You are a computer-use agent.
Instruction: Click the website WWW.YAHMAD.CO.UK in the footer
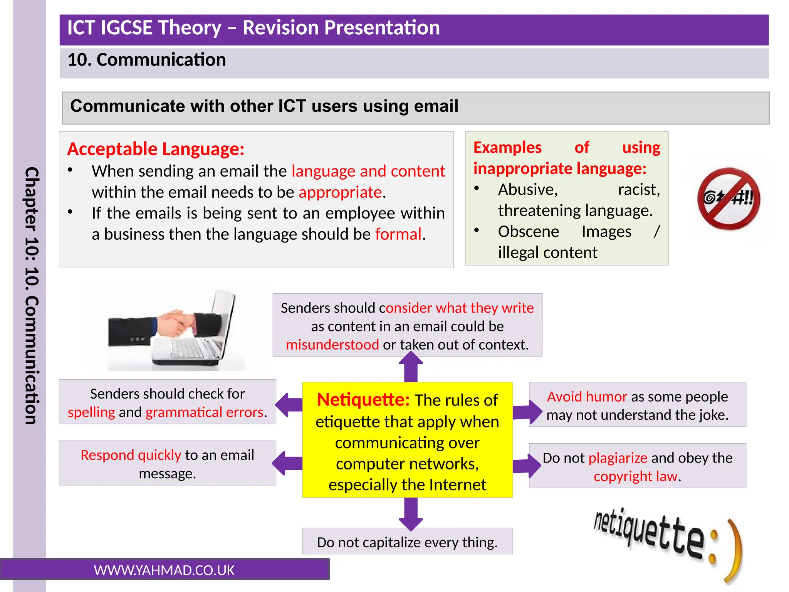[x=164, y=570]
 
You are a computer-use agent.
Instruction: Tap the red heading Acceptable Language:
[x=156, y=149]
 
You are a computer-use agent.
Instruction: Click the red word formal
[x=398, y=234]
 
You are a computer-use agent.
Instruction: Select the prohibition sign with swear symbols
[x=728, y=198]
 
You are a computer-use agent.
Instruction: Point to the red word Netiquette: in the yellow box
[x=363, y=400]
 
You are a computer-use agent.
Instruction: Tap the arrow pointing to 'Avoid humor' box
[x=527, y=412]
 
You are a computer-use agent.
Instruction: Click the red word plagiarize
[x=618, y=458]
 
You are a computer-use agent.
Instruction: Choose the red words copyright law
[x=635, y=476]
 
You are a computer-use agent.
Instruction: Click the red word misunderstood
[x=332, y=345]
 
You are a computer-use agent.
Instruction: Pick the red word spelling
[x=91, y=412]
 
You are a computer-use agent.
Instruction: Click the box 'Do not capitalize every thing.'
[x=407, y=542]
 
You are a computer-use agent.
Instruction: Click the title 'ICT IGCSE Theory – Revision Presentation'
[x=253, y=28]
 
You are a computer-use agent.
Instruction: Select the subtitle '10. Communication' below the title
[x=147, y=60]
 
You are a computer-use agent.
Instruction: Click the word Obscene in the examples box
[x=528, y=232]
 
